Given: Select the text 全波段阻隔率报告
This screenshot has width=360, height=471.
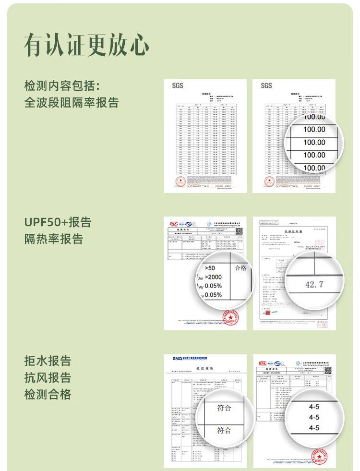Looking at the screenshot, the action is click(x=72, y=103).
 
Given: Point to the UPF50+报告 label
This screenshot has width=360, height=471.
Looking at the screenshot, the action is click(x=58, y=222).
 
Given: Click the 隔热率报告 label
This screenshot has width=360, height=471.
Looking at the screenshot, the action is click(x=54, y=239).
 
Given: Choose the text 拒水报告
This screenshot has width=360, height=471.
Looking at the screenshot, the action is click(x=48, y=361).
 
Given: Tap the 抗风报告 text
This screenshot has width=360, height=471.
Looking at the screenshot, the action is click(x=48, y=377).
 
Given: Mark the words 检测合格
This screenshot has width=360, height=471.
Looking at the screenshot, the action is click(x=48, y=394).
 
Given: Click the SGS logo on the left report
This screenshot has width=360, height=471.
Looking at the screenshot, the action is click(x=178, y=86).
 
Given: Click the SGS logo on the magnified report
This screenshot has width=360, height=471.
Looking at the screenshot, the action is click(x=266, y=86).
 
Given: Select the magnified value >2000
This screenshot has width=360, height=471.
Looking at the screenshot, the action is click(x=213, y=277).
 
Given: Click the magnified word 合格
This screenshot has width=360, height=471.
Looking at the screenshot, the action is click(x=240, y=268).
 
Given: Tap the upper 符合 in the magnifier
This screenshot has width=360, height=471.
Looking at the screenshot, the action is click(x=224, y=408).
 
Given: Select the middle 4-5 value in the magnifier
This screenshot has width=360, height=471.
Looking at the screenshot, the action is click(x=314, y=417).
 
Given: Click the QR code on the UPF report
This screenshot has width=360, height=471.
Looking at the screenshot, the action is click(x=239, y=231).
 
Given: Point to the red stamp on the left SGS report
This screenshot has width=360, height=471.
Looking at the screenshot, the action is click(x=180, y=182).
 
